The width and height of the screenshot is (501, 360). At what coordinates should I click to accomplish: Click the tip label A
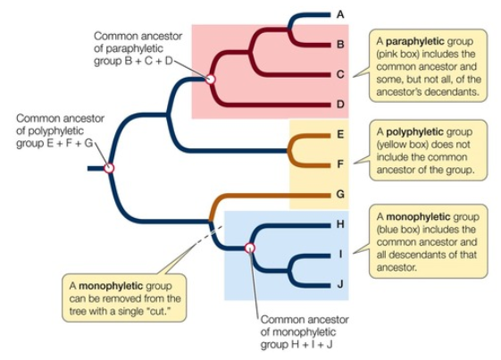pos(340,14)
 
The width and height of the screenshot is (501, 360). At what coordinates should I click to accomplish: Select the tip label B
pos(340,43)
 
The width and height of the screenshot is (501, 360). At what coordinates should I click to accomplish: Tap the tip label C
pos(340,74)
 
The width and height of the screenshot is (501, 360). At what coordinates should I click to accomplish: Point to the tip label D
pos(340,105)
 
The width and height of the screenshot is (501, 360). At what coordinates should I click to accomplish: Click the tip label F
pos(340,163)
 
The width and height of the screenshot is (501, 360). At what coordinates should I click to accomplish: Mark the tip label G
pos(340,193)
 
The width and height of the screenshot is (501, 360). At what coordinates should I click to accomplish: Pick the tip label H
pos(340,223)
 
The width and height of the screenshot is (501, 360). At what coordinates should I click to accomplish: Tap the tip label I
pos(340,254)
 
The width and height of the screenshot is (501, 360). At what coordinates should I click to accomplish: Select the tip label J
pos(340,284)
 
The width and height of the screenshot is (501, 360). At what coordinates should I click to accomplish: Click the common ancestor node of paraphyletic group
pos(211,80)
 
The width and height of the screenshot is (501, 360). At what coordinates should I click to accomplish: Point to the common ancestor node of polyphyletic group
pos(109,167)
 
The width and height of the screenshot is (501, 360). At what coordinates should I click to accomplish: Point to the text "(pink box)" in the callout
pos(402,54)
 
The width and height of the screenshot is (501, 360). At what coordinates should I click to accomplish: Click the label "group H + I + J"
pos(297,345)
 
